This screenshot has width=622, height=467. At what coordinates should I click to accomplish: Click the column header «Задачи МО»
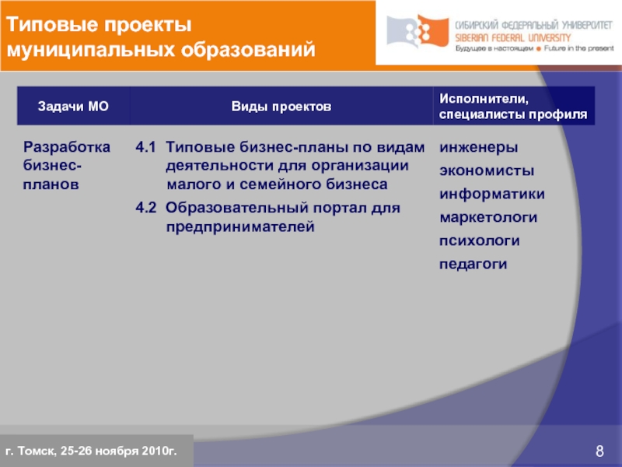tap(73, 106)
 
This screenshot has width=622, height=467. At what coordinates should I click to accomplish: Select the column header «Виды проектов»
tap(281, 106)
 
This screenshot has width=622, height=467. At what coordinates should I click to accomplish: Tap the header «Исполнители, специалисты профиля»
tap(512, 106)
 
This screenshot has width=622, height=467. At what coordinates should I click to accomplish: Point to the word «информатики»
tap(492, 194)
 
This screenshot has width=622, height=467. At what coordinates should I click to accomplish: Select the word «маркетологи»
tap(489, 217)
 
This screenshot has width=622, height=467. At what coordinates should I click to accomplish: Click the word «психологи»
tap(480, 241)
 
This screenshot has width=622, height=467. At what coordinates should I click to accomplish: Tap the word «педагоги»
tap(473, 264)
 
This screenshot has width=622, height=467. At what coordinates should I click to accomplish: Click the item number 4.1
tap(145, 147)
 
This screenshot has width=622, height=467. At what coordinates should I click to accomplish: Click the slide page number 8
tap(599, 451)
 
